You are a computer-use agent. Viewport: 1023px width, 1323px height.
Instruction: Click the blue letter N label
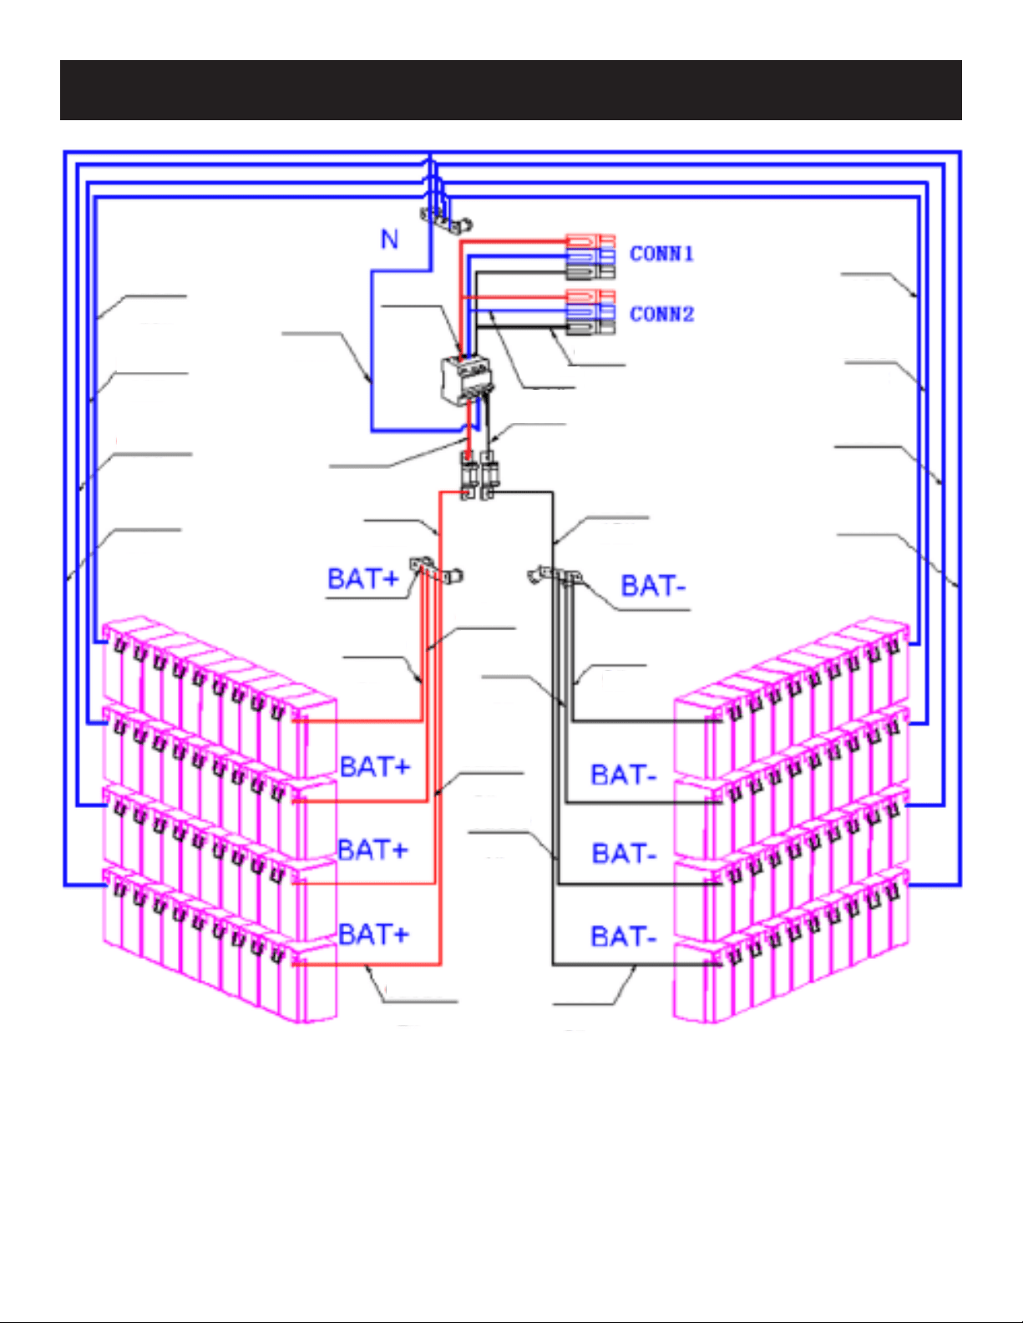(390, 240)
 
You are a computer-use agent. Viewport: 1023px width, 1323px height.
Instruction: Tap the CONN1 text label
(662, 254)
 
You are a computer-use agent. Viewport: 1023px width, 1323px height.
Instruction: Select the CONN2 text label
(662, 314)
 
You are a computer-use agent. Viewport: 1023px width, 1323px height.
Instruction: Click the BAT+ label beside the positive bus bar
(363, 578)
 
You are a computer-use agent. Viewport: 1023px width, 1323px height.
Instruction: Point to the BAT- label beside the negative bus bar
(653, 586)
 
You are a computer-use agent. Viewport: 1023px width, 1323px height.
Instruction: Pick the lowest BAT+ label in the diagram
(374, 934)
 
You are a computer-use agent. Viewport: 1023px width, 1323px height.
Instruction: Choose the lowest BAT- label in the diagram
(624, 937)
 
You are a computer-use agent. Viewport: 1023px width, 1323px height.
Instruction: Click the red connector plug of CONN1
(590, 241)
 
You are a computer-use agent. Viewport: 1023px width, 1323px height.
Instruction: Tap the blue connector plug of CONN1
(590, 255)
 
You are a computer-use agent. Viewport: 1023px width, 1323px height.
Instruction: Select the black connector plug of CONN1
(590, 271)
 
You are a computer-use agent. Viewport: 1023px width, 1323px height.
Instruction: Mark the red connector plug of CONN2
(590, 296)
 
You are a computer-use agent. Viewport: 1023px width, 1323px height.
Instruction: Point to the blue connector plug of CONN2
(590, 312)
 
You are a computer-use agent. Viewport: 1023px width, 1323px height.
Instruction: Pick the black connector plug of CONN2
(590, 327)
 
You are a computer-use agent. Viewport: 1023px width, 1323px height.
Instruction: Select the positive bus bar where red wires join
(436, 570)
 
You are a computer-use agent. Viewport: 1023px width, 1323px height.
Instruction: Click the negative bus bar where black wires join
(555, 575)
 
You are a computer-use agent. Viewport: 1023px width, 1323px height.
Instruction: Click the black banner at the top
(511, 90)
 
